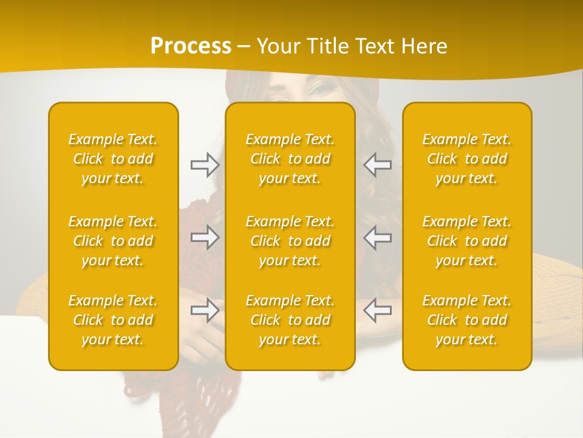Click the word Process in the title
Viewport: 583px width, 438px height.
tap(191, 46)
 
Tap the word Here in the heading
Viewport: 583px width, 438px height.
tap(425, 46)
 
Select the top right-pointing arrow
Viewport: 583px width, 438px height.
tap(205, 165)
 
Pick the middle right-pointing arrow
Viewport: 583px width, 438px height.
tap(205, 237)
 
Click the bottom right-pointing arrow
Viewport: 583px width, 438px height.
tap(205, 310)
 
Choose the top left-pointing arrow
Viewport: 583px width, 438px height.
tap(377, 165)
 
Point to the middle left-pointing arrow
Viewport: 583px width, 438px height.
tap(377, 237)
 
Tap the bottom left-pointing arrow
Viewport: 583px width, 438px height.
tap(377, 310)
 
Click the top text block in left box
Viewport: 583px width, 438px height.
tap(113, 159)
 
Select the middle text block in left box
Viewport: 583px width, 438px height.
tap(113, 241)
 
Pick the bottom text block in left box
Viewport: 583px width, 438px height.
tap(113, 320)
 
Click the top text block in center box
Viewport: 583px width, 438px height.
tap(290, 159)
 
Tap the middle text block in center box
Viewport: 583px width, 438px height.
tap(290, 241)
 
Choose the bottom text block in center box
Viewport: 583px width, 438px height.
tap(290, 320)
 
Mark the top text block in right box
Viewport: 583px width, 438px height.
tap(467, 159)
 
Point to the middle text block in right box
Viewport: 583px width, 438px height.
tap(467, 241)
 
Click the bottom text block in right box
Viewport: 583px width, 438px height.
tap(467, 320)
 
